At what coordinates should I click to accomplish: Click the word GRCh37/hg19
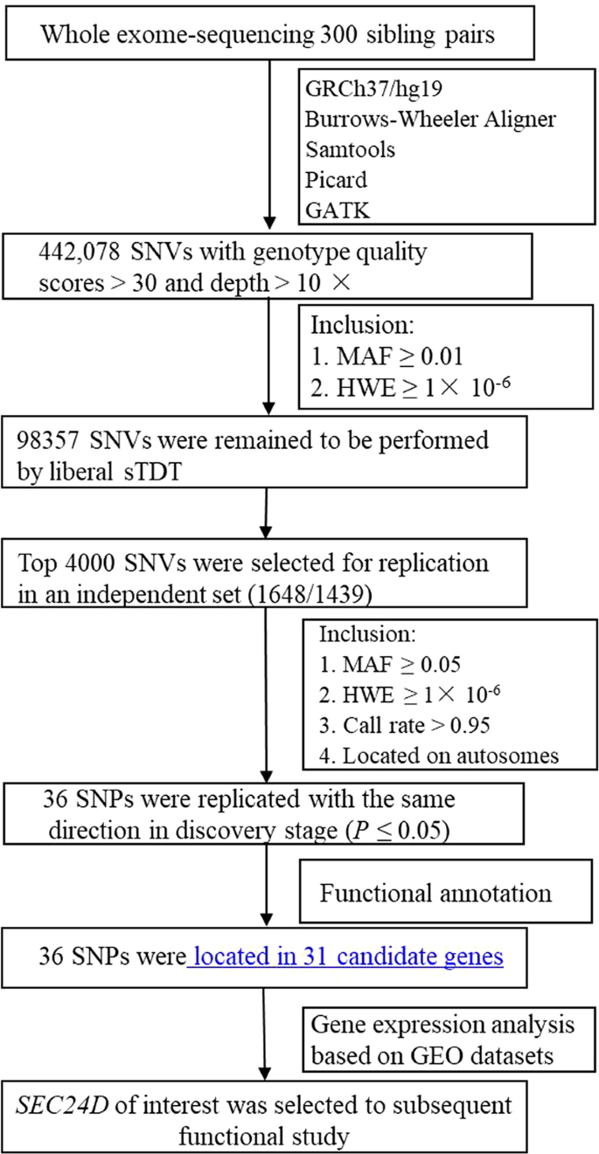366,88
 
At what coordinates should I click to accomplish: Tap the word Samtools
350,149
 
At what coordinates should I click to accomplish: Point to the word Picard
337,180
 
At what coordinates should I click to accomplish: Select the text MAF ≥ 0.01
399,358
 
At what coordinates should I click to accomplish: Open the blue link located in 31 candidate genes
348,957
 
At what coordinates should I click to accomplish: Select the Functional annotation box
435,894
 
